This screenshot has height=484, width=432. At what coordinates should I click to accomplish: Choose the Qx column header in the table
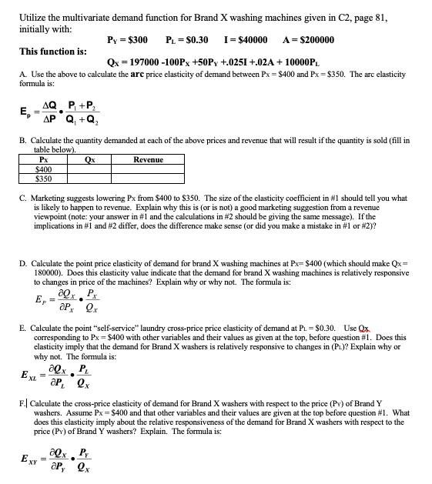point(89,159)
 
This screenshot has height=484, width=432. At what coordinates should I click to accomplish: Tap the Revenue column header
point(148,159)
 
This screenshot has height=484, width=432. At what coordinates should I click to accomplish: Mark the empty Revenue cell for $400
point(148,169)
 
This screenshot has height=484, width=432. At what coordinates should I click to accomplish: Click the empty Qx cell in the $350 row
point(89,178)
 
